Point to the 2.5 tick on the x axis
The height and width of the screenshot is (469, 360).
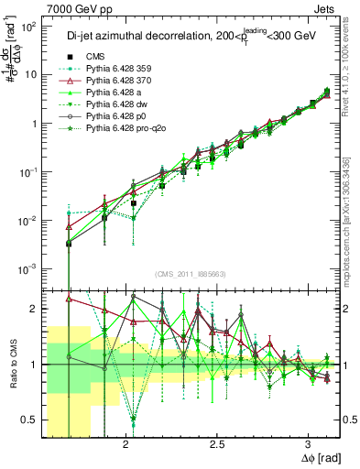[x=217, y=443]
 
